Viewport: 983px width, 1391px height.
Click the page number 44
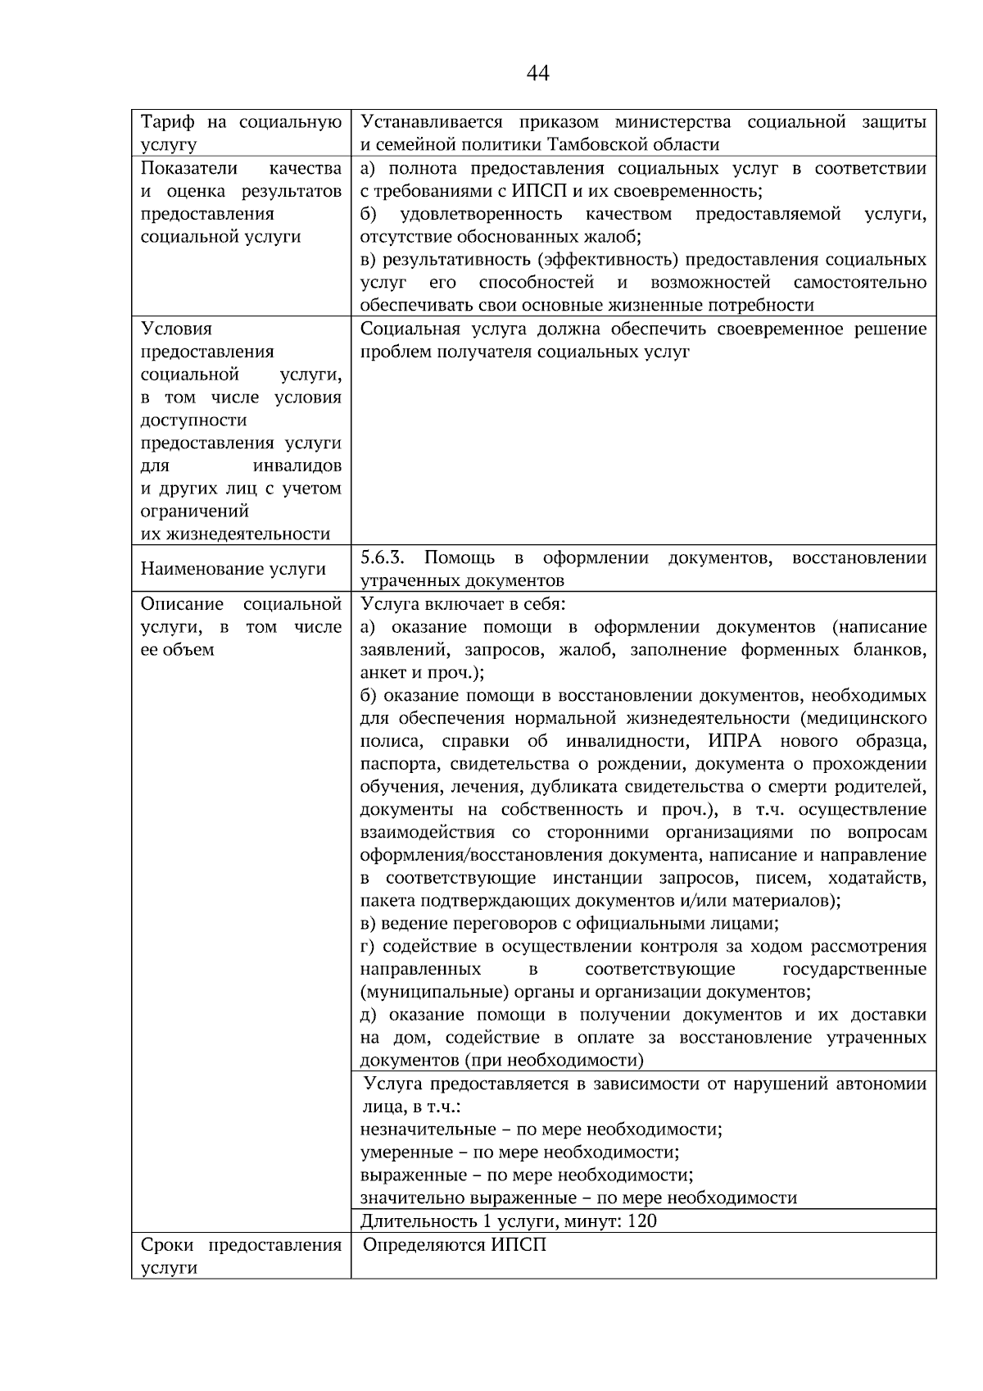point(537,74)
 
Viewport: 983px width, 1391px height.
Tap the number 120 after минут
point(642,1221)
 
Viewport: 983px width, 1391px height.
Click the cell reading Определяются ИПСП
point(455,1245)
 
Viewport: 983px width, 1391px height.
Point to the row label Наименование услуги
point(233,569)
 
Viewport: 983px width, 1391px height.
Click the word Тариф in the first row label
point(167,123)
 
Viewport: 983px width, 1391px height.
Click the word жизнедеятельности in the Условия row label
point(235,534)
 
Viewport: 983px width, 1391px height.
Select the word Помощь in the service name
point(460,558)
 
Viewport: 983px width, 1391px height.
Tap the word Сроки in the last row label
point(167,1245)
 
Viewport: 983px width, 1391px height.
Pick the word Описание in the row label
point(182,604)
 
